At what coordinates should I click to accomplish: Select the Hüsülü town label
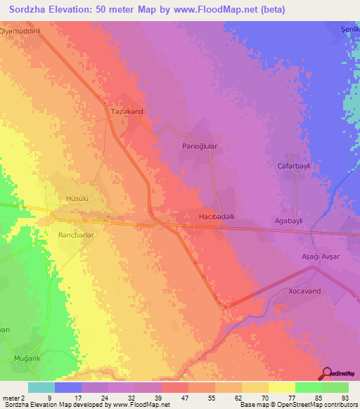click(76, 199)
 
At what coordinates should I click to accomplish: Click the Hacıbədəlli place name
click(221, 217)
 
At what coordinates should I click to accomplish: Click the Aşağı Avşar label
click(321, 257)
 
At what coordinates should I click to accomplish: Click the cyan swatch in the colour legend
click(41, 387)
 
